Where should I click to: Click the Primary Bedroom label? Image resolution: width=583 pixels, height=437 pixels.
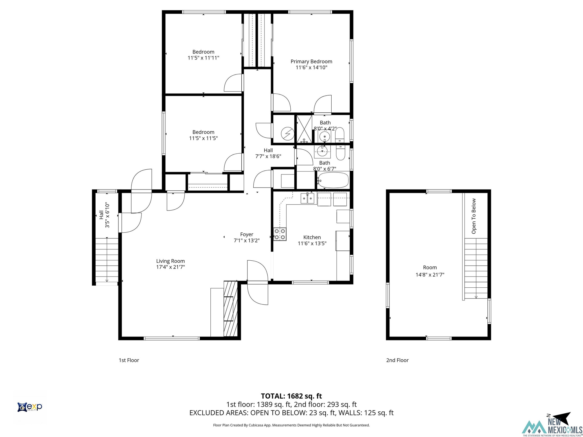click(x=311, y=61)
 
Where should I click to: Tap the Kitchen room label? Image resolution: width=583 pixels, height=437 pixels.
click(x=312, y=237)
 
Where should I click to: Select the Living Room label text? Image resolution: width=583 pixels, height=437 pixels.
click(x=171, y=261)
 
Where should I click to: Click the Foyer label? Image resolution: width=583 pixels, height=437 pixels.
click(x=247, y=234)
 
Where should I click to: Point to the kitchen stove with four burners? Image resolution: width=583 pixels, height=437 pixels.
click(x=280, y=234)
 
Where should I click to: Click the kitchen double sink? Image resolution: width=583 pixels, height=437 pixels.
click(x=307, y=198)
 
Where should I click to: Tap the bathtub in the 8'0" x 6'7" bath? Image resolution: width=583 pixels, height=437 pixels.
click(x=333, y=180)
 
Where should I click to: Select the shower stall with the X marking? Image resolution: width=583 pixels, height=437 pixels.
click(x=304, y=129)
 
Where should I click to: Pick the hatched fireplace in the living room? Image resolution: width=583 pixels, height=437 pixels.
click(x=231, y=309)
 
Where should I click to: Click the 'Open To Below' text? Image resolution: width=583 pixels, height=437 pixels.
click(x=474, y=216)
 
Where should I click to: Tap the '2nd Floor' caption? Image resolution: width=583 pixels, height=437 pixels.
click(x=397, y=360)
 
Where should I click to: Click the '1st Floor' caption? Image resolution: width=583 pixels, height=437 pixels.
click(x=129, y=360)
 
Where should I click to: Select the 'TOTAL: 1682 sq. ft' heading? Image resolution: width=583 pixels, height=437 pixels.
click(x=291, y=396)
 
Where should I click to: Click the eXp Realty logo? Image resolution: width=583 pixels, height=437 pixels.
click(x=30, y=407)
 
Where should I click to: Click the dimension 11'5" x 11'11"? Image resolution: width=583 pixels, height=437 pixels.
click(x=203, y=58)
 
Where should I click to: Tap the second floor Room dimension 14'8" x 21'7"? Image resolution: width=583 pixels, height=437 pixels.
click(x=430, y=275)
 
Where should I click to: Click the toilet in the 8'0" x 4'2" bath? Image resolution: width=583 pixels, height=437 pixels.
click(x=340, y=135)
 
